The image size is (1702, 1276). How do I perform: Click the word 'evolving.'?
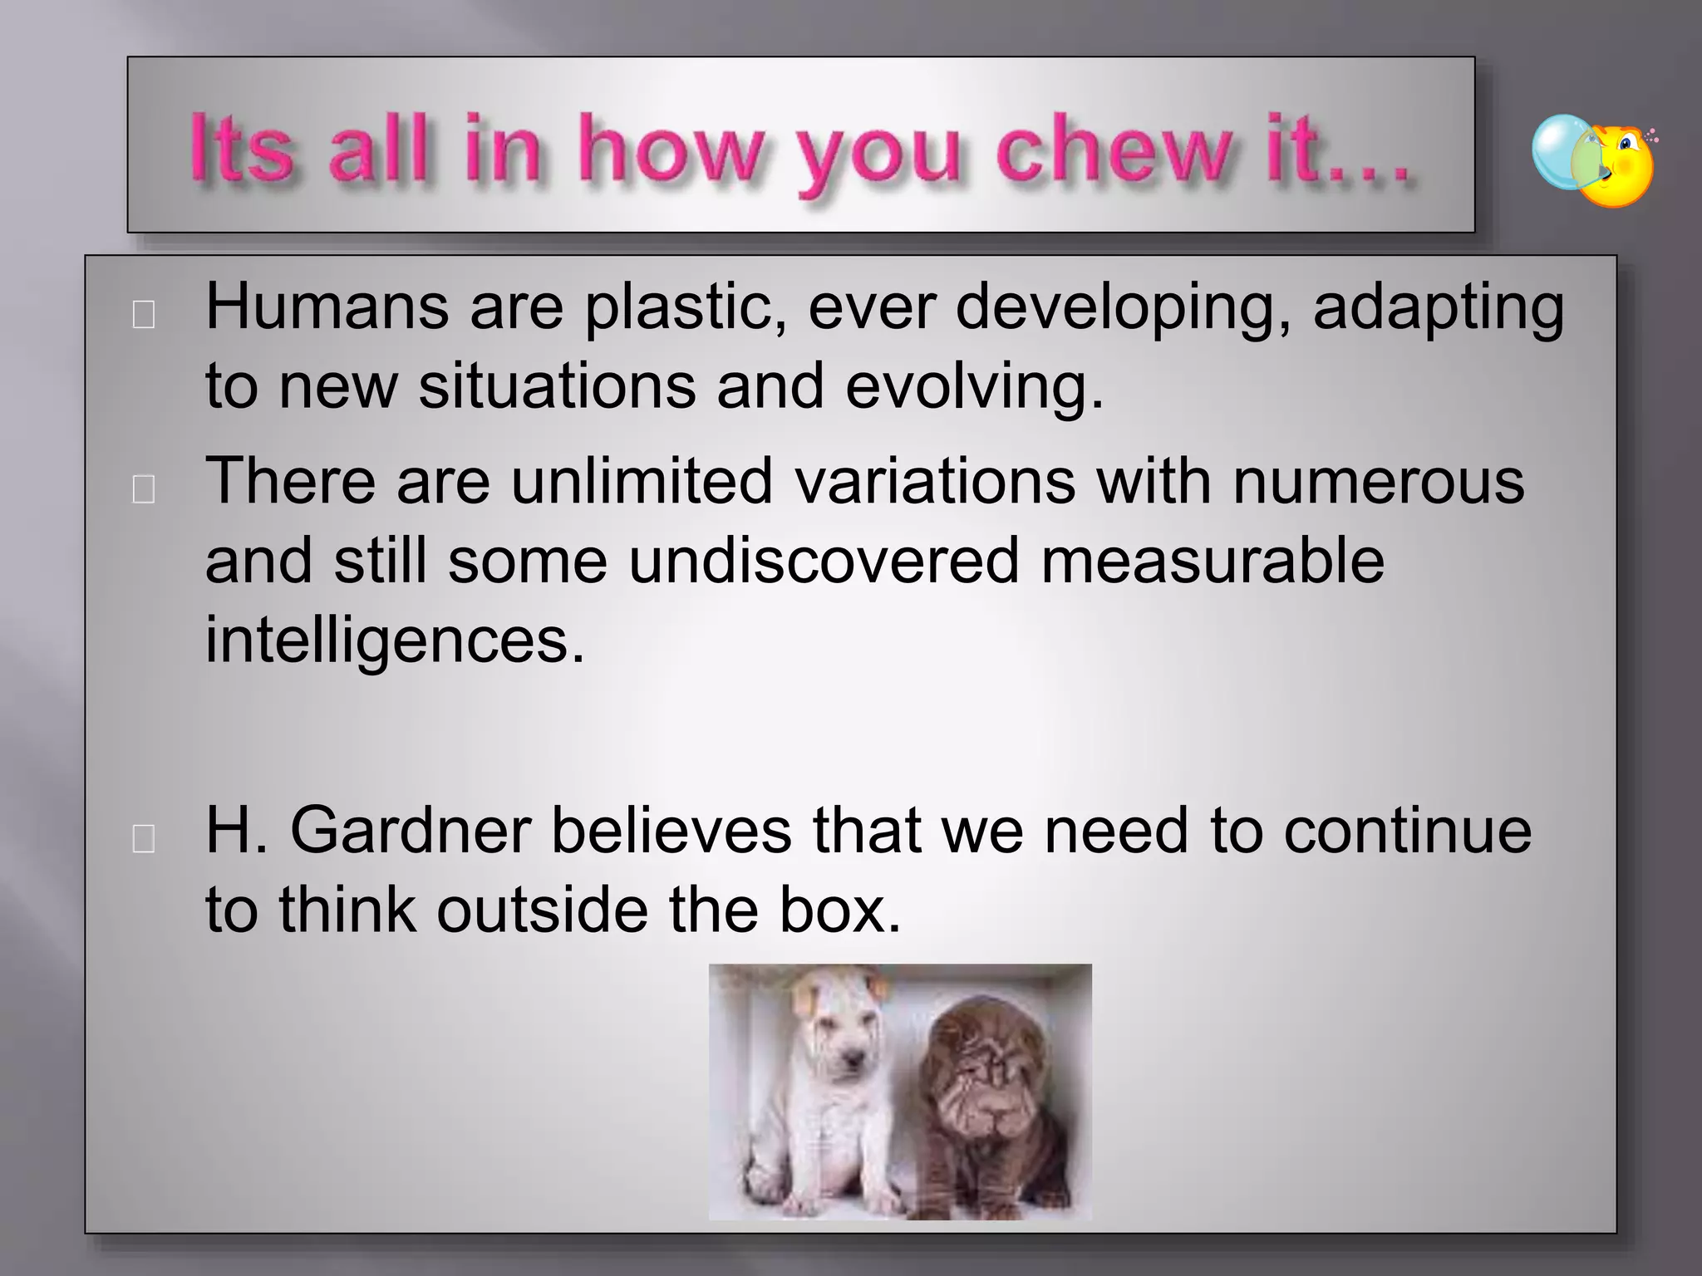coord(974,388)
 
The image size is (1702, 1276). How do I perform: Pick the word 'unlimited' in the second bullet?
coord(642,481)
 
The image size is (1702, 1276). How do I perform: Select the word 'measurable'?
coord(1212,561)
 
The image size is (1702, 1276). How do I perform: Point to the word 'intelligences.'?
coord(395,641)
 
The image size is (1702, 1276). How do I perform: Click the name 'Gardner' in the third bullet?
coord(411,832)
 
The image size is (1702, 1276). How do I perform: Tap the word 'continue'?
coord(1407,832)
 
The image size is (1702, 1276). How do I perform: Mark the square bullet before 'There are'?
coord(144,491)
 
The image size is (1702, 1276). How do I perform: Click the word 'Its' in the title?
coord(241,150)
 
